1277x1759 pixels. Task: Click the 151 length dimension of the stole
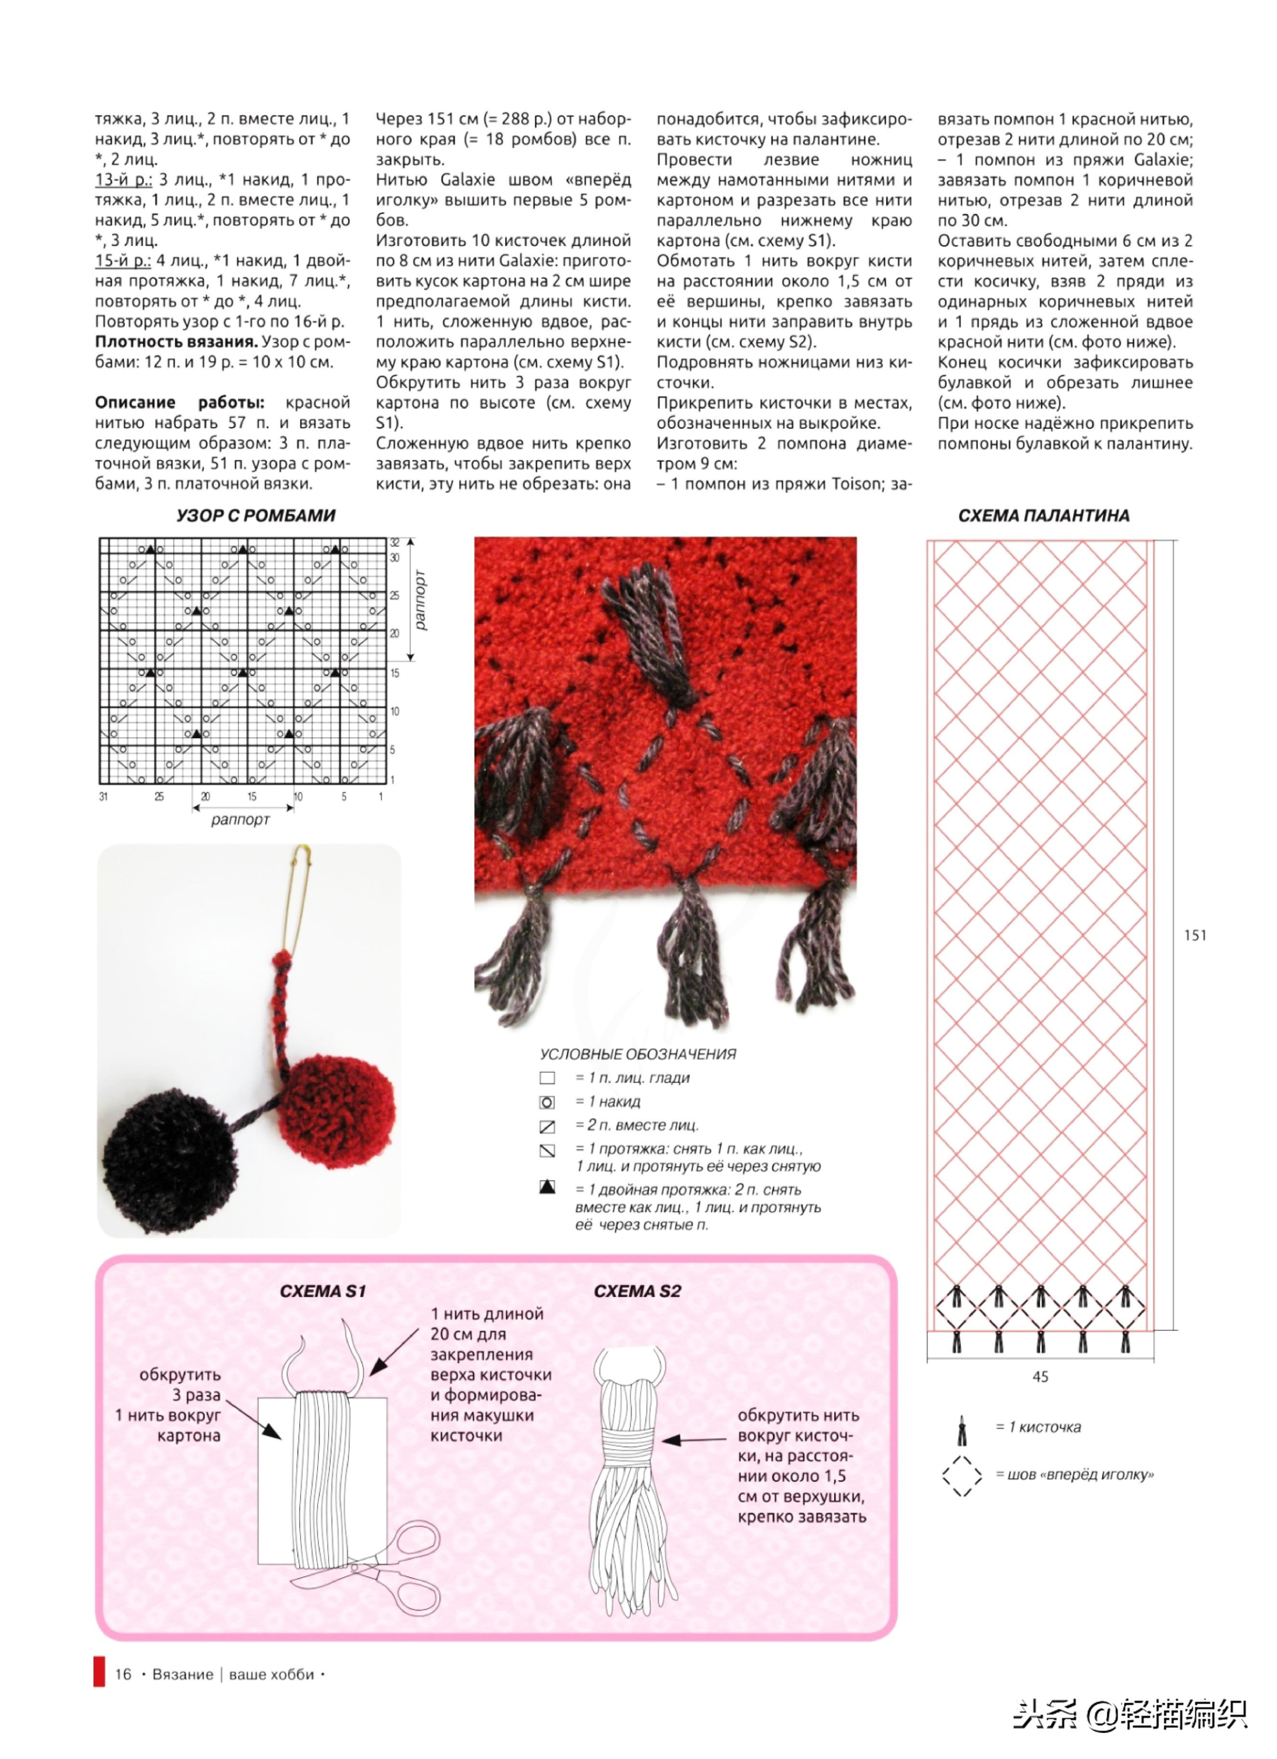point(1195,935)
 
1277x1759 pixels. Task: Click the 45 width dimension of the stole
point(1040,1377)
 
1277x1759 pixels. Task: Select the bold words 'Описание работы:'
point(179,402)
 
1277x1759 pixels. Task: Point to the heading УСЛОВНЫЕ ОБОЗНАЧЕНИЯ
point(638,1054)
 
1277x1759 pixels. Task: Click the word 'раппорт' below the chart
point(240,820)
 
